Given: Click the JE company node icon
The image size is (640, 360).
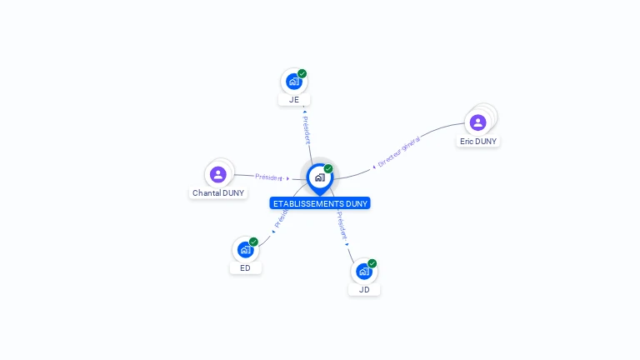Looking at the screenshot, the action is coord(293,82).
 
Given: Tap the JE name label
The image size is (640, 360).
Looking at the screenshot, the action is coord(294,100).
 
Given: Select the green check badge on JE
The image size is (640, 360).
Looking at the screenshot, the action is coord(302,73).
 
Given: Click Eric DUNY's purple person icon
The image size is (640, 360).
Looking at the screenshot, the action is coord(477,122).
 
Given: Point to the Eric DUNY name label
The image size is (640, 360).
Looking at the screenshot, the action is coord(478,142).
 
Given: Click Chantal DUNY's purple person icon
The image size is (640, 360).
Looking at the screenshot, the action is coord(218,174).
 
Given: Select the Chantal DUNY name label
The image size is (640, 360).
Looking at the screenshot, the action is coord(218,193).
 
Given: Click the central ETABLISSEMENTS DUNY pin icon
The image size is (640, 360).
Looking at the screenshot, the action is coord(319,177).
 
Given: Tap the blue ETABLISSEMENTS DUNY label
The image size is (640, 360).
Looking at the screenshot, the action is coord(320,203).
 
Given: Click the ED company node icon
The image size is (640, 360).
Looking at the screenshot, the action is coord(245,250).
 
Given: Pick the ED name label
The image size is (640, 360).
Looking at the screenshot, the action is coord(245,268).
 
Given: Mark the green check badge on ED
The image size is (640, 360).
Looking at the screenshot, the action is coord(253,242).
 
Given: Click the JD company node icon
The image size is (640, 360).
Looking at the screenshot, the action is coord(363,272).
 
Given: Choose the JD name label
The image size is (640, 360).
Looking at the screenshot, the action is coord(364,290).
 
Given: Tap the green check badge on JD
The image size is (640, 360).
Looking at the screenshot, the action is coord(372,263).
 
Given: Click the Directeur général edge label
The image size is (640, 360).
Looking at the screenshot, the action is coord(399,152).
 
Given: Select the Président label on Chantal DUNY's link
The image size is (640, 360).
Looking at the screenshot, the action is coord(269,177).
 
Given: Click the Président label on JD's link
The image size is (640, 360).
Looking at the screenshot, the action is coord(342,226).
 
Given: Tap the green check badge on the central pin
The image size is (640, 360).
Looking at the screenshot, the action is coord(328,168).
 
